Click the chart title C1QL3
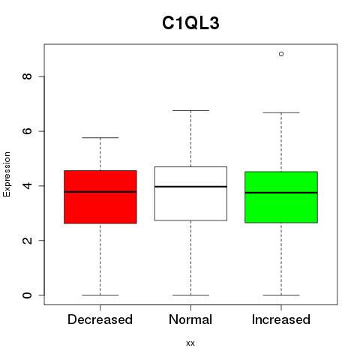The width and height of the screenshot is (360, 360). pyautogui.click(x=190, y=23)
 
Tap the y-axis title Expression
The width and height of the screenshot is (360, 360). pyautogui.click(x=7, y=174)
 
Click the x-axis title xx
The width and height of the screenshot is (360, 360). pyautogui.click(x=190, y=343)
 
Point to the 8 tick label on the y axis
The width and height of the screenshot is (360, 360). pyautogui.click(x=27, y=76)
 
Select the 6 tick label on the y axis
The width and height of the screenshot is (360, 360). pyautogui.click(x=27, y=131)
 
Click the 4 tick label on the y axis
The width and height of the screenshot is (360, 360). pyautogui.click(x=27, y=186)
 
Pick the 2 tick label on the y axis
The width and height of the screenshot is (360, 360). pyautogui.click(x=27, y=240)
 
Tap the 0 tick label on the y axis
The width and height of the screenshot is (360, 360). pyautogui.click(x=27, y=295)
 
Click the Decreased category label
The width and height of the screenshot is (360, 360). pyautogui.click(x=100, y=319)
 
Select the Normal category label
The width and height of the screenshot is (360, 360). pyautogui.click(x=190, y=319)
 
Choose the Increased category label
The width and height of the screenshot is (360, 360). pyautogui.click(x=281, y=319)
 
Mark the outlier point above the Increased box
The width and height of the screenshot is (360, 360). pyautogui.click(x=281, y=54)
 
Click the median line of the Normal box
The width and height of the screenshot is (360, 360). pyautogui.click(x=190, y=187)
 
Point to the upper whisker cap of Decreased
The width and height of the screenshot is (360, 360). pyautogui.click(x=100, y=137)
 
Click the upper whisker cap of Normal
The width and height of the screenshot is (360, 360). pyautogui.click(x=190, y=110)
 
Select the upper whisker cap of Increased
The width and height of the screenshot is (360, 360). pyautogui.click(x=281, y=112)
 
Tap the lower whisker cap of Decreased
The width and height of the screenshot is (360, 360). pyautogui.click(x=100, y=295)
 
